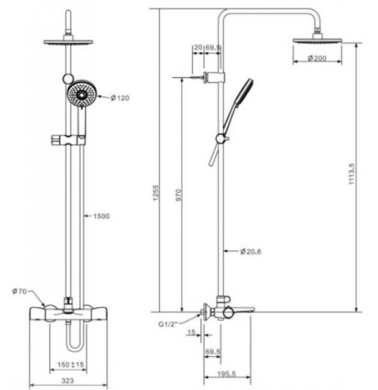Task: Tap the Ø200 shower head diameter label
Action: [317, 58]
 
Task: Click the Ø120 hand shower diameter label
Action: [120, 98]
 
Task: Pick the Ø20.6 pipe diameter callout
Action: [251, 252]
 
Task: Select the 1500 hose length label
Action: [101, 216]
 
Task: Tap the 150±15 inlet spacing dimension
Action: [69, 365]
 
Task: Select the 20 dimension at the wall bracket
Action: [198, 47]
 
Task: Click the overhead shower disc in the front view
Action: [65, 42]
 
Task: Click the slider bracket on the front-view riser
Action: [68, 140]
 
